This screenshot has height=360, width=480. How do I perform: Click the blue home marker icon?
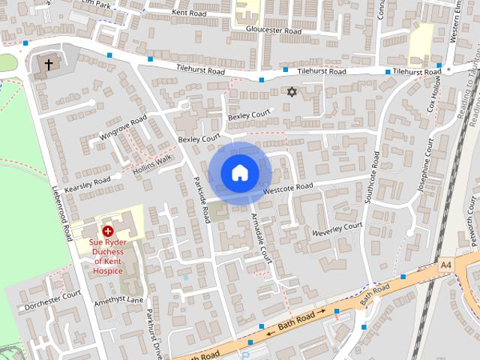[239, 173]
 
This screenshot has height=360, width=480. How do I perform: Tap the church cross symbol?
[49, 65]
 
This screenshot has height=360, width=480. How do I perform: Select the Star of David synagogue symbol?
[292, 91]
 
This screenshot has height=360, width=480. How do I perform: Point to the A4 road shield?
[447, 265]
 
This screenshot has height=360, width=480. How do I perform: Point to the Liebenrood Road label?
[60, 213]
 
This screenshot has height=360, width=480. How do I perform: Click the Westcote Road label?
[287, 187]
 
